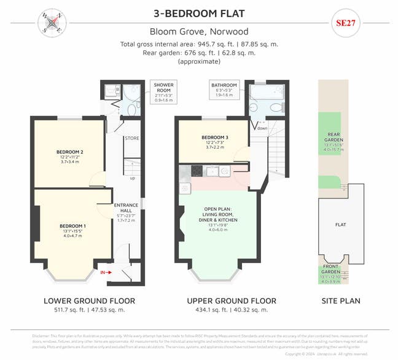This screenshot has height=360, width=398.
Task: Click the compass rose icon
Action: [52, 23]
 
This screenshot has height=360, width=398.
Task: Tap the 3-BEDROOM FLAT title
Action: [199, 13]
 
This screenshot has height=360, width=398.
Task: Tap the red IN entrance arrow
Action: [106, 272]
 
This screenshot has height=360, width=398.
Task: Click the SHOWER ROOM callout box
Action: [163, 91]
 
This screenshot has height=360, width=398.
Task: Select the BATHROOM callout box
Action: [224, 89]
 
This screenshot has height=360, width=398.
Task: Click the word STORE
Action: [132, 139]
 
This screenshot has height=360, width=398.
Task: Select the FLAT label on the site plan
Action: [340, 225]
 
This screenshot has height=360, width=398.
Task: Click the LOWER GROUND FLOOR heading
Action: [89, 301]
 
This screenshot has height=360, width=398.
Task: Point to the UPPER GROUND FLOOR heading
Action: [230, 301]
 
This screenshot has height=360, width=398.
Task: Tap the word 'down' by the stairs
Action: [262, 128]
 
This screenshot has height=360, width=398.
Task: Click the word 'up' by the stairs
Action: [132, 179]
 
